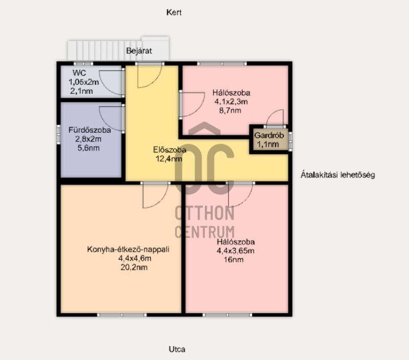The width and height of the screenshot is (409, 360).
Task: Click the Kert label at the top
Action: pyautogui.click(x=174, y=12)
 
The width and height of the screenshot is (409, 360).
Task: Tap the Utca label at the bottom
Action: pyautogui.click(x=177, y=349)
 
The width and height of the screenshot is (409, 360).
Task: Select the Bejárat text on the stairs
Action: pyautogui.click(x=139, y=51)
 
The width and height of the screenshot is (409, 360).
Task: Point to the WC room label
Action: pyautogui.click(x=79, y=73)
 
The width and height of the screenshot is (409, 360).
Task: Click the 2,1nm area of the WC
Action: pyautogui.click(x=81, y=91)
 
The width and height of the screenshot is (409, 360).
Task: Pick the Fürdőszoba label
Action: pyautogui.click(x=89, y=130)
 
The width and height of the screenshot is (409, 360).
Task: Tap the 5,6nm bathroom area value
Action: pyautogui.click(x=88, y=148)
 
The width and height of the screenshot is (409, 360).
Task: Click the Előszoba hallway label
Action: pyautogui.click(x=170, y=150)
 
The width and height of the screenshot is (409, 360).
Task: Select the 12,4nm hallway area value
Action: pyautogui.click(x=169, y=159)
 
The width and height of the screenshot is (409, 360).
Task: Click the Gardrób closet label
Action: pyautogui.click(x=269, y=135)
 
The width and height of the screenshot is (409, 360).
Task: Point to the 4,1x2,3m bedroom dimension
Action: pyautogui.click(x=231, y=102)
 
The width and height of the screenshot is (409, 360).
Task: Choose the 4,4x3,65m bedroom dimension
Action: pyautogui.click(x=236, y=251)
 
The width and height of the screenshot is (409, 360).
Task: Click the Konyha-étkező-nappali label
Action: pyautogui.click(x=128, y=249)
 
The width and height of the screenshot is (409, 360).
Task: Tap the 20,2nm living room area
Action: pyautogui.click(x=134, y=267)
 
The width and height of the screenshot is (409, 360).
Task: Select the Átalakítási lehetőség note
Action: pyautogui.click(x=338, y=175)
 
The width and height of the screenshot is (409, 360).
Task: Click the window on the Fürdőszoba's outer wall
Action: pyautogui.click(x=58, y=134)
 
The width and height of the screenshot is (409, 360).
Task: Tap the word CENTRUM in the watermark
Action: pyautogui.click(x=205, y=232)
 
